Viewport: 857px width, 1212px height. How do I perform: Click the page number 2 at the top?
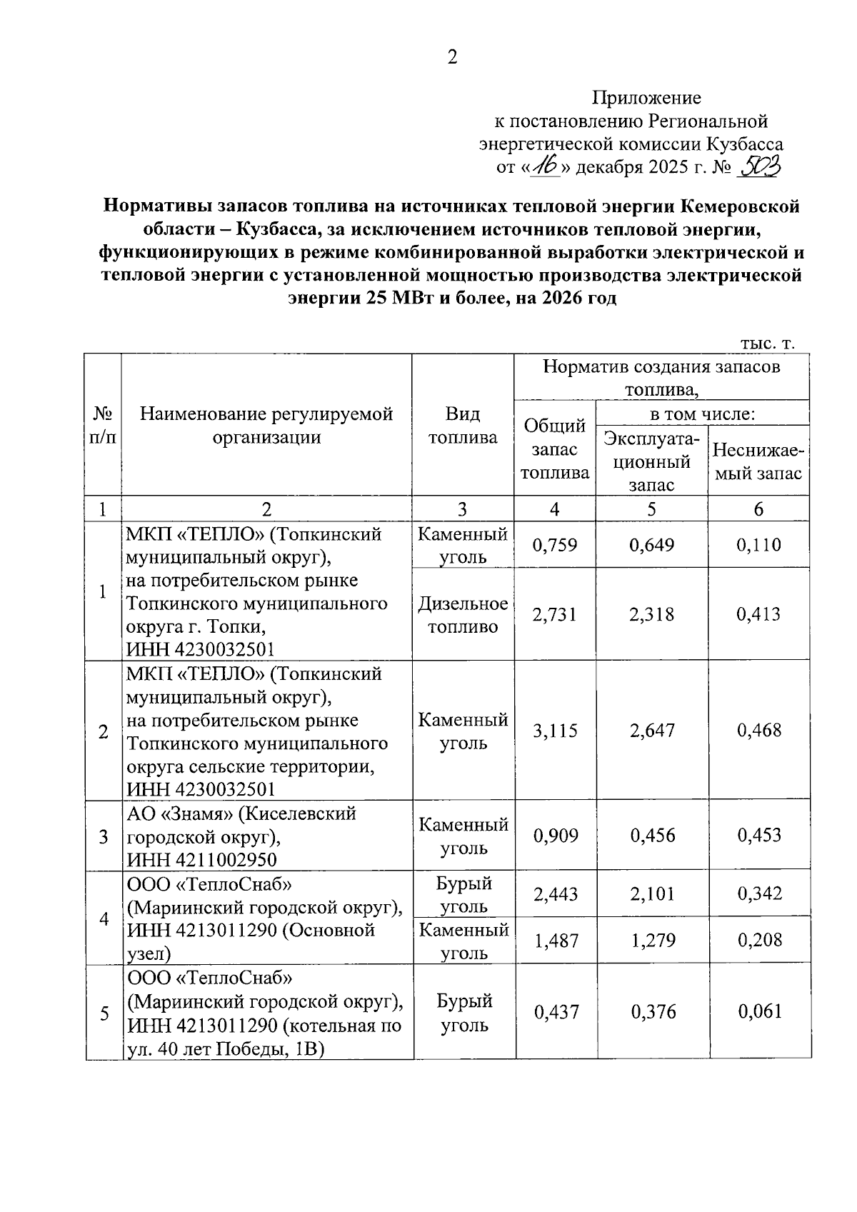pyautogui.click(x=452, y=58)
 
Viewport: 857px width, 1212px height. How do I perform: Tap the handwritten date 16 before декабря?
pyautogui.click(x=546, y=167)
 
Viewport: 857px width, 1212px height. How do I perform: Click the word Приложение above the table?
pyautogui.click(x=647, y=98)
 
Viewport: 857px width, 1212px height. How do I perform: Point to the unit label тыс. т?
pyautogui.click(x=767, y=344)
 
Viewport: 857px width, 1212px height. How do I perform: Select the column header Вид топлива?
pyautogui.click(x=462, y=426)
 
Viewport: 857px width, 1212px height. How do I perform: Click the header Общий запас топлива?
pyautogui.click(x=555, y=449)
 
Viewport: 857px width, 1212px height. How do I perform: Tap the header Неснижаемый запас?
pyautogui.click(x=758, y=462)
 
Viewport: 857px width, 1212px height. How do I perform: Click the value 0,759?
pyautogui.click(x=555, y=546)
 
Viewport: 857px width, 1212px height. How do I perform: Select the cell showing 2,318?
pyautogui.click(x=651, y=614)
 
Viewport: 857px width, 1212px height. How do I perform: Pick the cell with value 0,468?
pyautogui.click(x=758, y=730)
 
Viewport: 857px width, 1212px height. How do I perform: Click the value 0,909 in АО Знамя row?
pyautogui.click(x=556, y=836)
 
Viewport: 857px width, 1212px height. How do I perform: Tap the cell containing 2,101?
pyautogui.click(x=652, y=894)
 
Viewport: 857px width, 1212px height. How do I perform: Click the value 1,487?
pyautogui.click(x=556, y=941)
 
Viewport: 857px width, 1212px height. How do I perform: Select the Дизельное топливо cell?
pyautogui.click(x=463, y=615)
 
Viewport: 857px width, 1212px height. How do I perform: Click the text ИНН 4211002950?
pyautogui.click(x=201, y=859)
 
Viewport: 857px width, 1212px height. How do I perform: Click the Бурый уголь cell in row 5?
pyautogui.click(x=463, y=1013)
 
